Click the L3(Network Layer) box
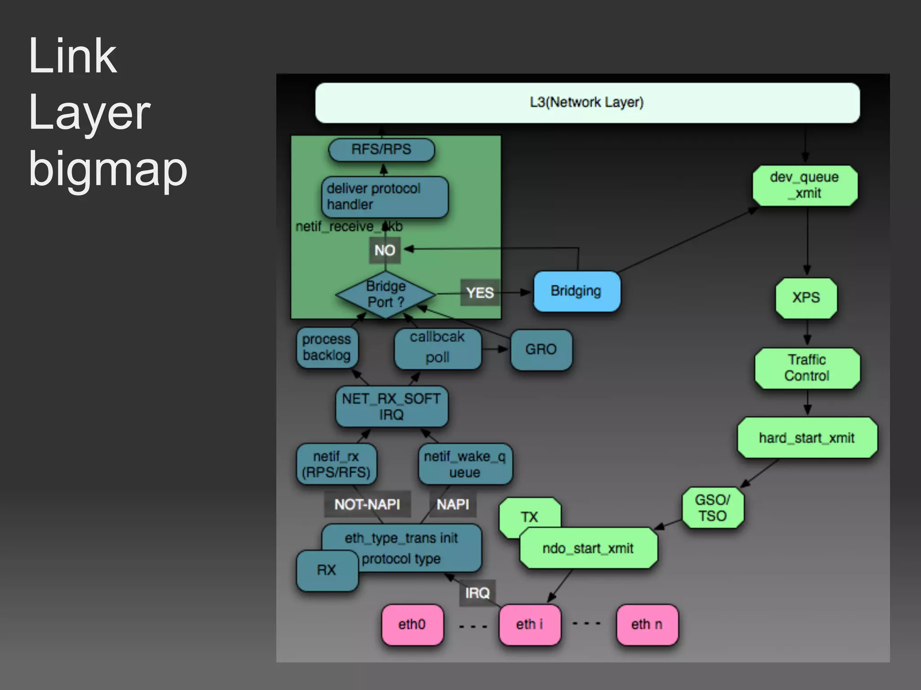587,102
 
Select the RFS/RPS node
381,150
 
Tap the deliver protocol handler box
384,197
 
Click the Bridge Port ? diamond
385,295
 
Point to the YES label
480,293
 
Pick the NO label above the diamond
384,250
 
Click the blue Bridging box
576,291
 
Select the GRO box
541,349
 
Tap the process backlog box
327,347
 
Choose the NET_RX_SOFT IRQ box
391,407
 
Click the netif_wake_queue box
465,464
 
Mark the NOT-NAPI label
367,504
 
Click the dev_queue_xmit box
805,186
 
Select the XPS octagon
806,298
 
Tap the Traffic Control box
807,368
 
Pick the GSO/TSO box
712,508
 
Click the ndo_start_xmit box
588,548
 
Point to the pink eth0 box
412,624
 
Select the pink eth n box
647,624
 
